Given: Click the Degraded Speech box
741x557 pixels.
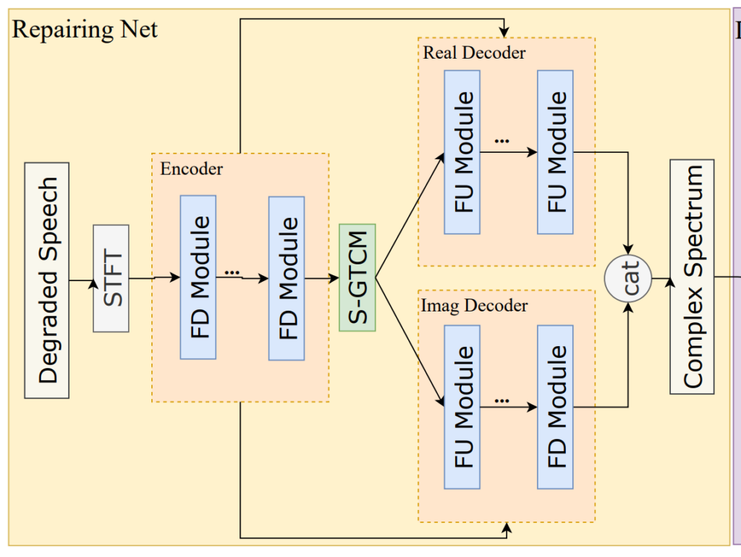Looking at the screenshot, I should pos(47,280).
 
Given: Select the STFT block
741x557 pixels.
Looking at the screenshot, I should pos(111,278).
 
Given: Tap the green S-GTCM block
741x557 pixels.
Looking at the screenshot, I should pos(357,277).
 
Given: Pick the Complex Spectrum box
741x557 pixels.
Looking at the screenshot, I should pos(692,277).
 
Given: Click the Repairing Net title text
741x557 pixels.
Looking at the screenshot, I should pos(85,30).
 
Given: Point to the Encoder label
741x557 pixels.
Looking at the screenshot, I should pos(191,169).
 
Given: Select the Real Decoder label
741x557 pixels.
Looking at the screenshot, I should pos(474,53).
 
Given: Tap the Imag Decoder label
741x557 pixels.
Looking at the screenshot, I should pos(474,306).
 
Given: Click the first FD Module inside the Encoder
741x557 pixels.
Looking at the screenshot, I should pos(198,277).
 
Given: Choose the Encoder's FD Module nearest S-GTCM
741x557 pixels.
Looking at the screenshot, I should pos(287,277).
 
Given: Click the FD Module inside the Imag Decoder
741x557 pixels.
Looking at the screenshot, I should pos(555,406).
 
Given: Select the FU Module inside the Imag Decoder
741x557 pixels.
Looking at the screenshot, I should pos(462,406).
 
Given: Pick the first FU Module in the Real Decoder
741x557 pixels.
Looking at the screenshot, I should pos(462,152).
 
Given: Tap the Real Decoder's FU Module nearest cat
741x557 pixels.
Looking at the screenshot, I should pos(555,152).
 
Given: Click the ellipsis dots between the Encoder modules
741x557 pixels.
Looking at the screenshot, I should pos(232,272).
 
